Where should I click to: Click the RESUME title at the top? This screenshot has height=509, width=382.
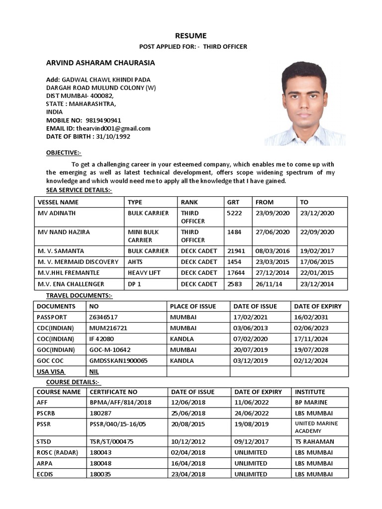pos(190,36)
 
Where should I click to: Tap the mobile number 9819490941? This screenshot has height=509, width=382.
pos(103,120)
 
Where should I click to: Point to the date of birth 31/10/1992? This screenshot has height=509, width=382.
pos(115,136)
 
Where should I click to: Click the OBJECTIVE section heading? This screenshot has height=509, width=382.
pos(64,152)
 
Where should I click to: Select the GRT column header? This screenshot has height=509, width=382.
pos(233,202)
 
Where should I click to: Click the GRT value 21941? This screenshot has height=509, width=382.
pos(236,251)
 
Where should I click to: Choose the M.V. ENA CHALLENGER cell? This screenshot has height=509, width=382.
pos(71,284)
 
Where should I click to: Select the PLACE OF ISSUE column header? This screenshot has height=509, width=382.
pos(193,306)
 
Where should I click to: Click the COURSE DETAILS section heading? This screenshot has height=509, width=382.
pos(73,382)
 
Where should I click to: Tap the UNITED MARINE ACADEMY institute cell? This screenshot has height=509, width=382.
pos(316,427)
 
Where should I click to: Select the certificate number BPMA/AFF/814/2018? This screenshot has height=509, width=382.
pos(120,402)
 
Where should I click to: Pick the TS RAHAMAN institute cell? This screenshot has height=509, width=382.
pos(314,441)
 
